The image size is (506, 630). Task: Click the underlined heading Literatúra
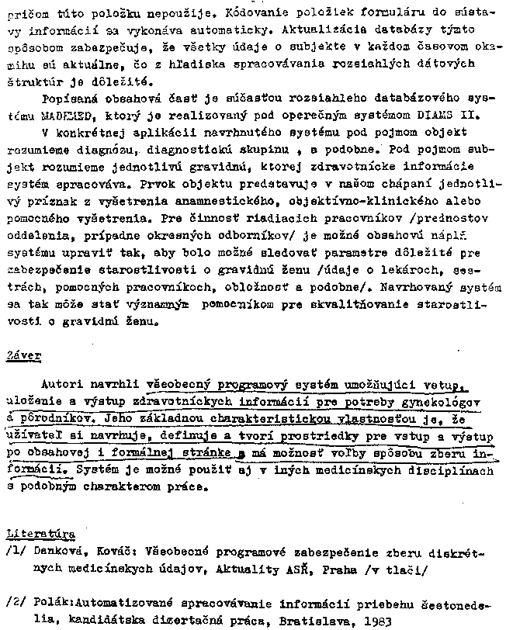pyautogui.click(x=40, y=535)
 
